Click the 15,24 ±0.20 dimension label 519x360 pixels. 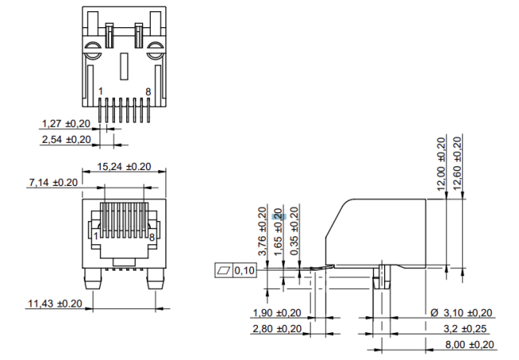tap(124, 167)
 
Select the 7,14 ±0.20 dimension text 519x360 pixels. tap(53, 183)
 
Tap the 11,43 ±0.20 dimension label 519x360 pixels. tap(53, 303)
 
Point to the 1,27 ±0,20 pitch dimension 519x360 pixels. tap(66, 124)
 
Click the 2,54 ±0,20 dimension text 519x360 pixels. tap(66, 140)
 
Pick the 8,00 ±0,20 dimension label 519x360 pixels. tap(469, 344)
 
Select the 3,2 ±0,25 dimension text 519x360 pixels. tap(469, 328)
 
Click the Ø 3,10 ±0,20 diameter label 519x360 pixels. tap(462, 312)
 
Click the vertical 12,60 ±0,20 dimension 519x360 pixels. tap(458, 162)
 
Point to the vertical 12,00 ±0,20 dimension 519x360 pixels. tap(441, 162)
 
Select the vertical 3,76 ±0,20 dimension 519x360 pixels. tap(263, 231)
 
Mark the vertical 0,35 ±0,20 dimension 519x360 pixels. tap(294, 231)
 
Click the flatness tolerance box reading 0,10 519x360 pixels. tap(236, 271)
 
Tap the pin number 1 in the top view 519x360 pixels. tap(100, 92)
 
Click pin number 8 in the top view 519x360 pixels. tap(148, 92)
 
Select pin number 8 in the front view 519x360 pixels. tap(152, 237)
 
